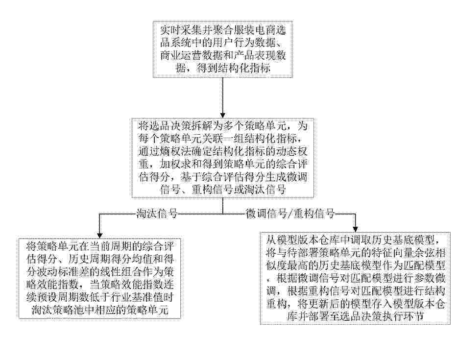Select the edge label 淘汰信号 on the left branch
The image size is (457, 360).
click(157, 214)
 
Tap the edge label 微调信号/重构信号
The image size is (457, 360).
click(290, 214)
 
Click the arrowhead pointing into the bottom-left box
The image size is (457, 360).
click(99, 235)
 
